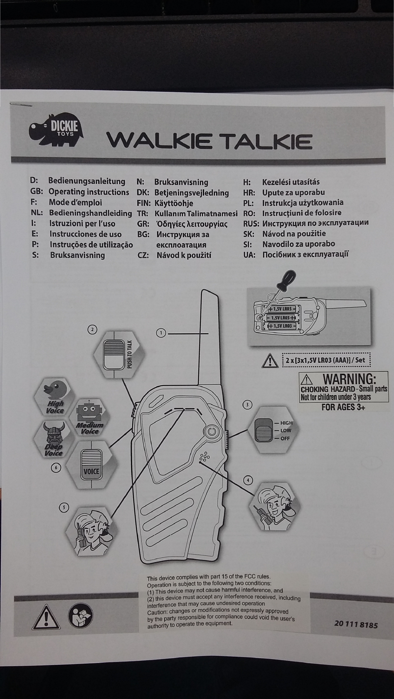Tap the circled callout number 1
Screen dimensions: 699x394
(x=161, y=332)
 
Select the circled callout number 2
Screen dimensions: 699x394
(x=92, y=330)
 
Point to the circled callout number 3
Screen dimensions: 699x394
(x=247, y=404)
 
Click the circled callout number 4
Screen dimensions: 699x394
(x=248, y=480)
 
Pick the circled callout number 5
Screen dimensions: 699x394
(x=64, y=507)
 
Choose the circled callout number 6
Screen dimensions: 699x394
(x=56, y=468)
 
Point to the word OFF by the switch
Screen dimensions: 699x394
(x=285, y=438)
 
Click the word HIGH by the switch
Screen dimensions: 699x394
(x=286, y=423)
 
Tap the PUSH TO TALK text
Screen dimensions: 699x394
(x=129, y=354)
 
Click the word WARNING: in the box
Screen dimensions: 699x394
(x=349, y=379)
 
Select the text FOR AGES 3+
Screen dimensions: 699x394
(x=343, y=407)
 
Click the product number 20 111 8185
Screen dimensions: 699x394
(x=356, y=624)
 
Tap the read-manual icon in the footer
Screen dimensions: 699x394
(x=80, y=616)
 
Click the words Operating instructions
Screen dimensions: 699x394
(x=89, y=192)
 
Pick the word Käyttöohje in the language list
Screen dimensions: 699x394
(x=174, y=203)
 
